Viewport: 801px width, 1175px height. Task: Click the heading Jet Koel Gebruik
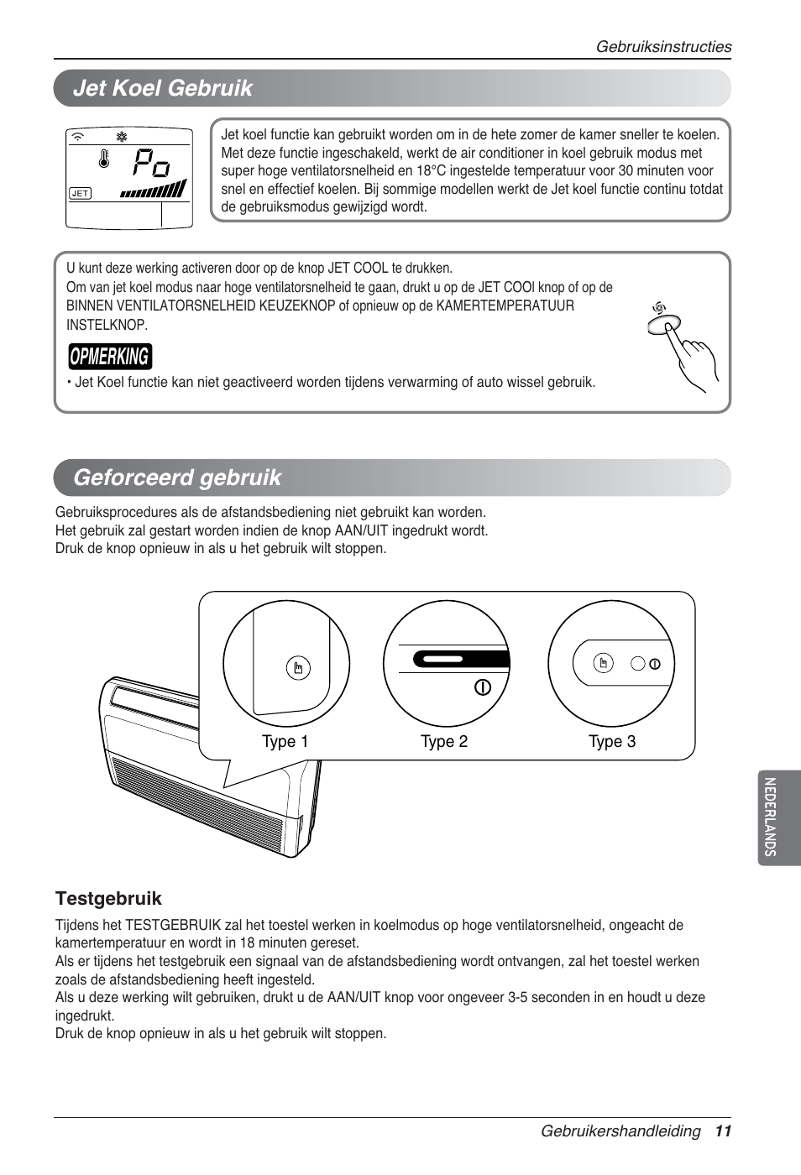tap(162, 88)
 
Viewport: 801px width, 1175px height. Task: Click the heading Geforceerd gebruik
tap(177, 478)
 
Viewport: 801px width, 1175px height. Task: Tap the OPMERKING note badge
tap(110, 357)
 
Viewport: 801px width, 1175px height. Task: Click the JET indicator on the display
tap(80, 193)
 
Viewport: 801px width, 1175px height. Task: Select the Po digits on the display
tap(152, 163)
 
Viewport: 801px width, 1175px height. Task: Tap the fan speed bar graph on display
tap(154, 191)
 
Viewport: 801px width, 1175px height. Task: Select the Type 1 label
tap(285, 742)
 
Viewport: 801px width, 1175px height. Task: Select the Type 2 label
tap(443, 742)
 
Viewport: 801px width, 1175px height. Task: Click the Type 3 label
tap(611, 742)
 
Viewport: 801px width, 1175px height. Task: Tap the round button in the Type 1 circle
tap(298, 668)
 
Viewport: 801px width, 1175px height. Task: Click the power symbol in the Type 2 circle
tap(482, 687)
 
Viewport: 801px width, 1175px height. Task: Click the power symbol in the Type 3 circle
tap(655, 664)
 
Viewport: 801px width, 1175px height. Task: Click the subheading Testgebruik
tap(108, 899)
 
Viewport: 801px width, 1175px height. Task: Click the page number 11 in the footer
tap(724, 1131)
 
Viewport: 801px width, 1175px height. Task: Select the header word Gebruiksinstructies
tap(663, 47)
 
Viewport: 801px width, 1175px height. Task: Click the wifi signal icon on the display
tap(79, 136)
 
